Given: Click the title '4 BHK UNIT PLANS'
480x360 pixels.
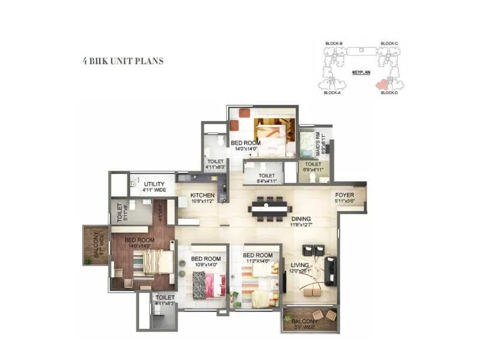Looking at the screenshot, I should click(123, 61).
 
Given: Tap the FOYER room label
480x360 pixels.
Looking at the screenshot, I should click(344, 196).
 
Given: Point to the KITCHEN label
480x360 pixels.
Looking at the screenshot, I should click(202, 196).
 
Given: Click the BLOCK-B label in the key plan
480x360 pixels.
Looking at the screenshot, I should click(333, 44).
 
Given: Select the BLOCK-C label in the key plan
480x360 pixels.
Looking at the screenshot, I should click(389, 44).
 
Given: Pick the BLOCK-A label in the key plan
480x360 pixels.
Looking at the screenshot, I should click(332, 93).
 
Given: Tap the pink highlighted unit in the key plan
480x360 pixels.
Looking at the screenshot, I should click(380, 85).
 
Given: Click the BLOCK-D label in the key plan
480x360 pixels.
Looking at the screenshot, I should click(389, 93).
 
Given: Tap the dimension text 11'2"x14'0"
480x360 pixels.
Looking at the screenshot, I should click(258, 262).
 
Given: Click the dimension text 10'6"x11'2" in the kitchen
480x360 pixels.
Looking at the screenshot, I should click(202, 202).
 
